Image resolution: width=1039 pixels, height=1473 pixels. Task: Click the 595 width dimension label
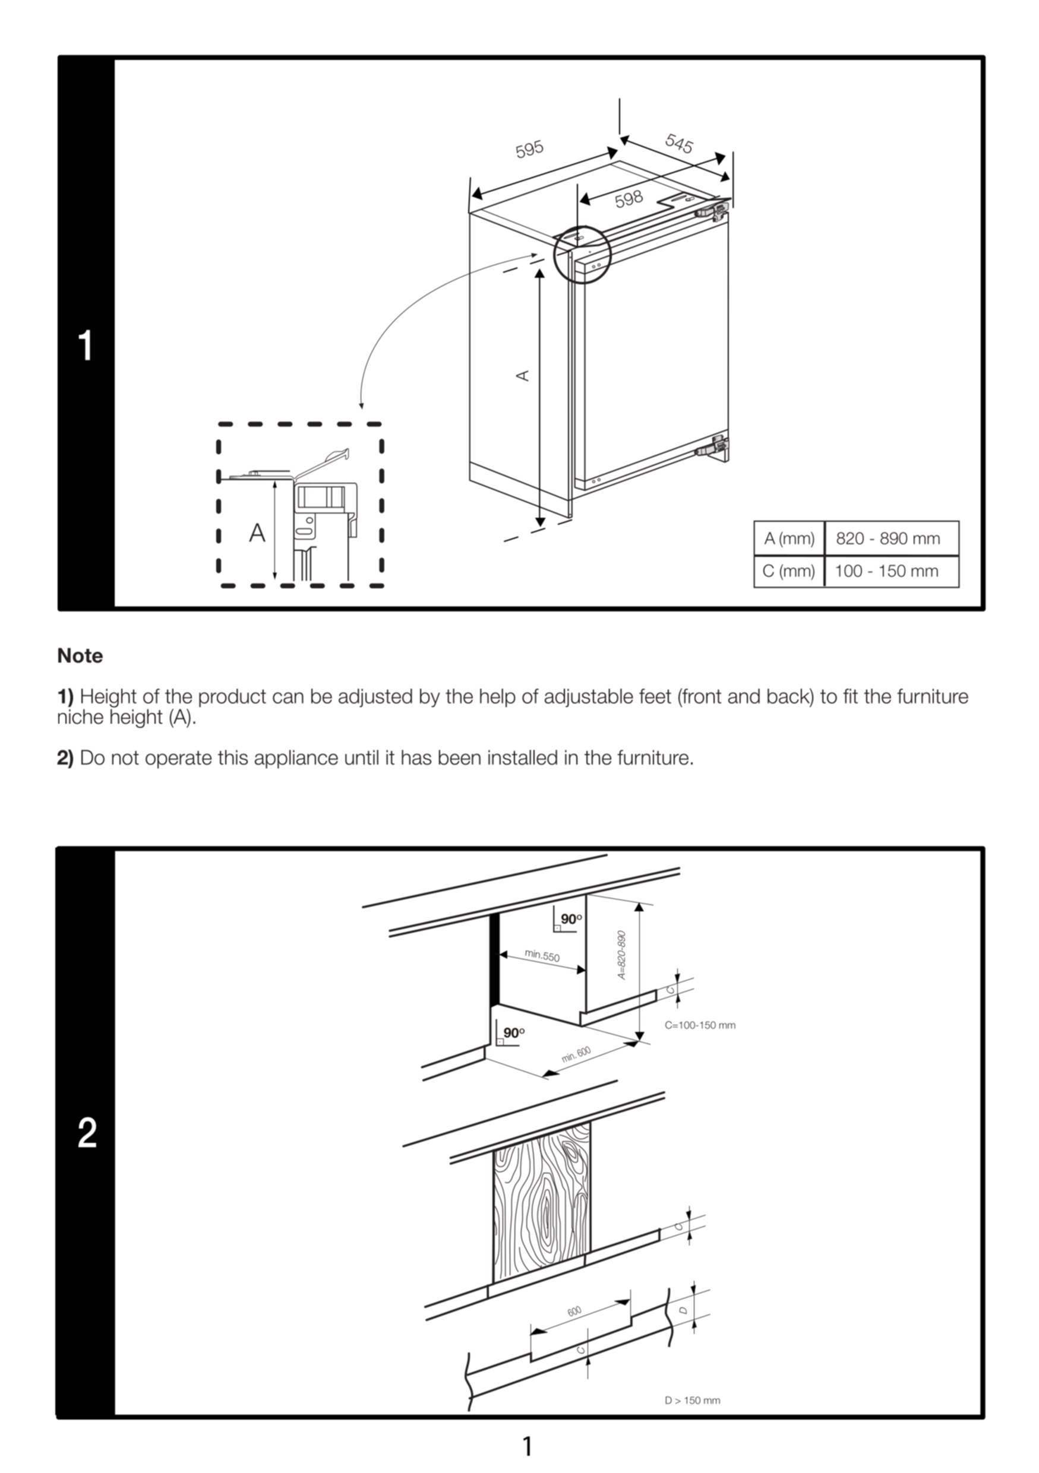point(529,149)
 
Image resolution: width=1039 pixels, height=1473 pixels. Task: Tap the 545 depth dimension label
point(679,143)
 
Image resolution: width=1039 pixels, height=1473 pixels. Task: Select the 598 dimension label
point(629,199)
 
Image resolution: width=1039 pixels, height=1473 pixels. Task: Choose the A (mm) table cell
point(789,538)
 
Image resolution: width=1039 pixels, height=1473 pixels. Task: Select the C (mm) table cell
point(789,571)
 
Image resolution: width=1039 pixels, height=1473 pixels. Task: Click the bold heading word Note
point(80,655)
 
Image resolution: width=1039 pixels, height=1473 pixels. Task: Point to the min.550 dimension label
point(542,955)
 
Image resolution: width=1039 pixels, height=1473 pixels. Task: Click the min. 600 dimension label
point(576,1053)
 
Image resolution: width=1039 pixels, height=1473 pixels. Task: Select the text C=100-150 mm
point(700,1025)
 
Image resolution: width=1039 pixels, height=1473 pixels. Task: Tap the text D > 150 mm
point(693,1400)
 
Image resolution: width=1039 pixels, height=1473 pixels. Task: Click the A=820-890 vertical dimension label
point(621,955)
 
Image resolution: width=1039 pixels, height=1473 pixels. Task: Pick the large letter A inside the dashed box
point(257,533)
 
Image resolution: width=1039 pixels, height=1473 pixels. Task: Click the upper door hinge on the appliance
point(713,210)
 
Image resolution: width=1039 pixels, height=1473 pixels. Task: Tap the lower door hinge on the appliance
point(713,445)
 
